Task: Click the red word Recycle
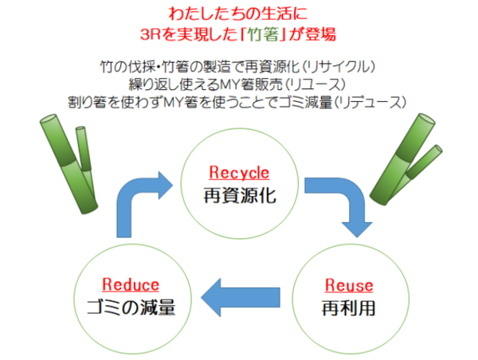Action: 240,172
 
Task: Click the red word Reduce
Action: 131,284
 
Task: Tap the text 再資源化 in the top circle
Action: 240,194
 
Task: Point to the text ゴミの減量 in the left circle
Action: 131,307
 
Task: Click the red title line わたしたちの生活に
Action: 238,14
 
